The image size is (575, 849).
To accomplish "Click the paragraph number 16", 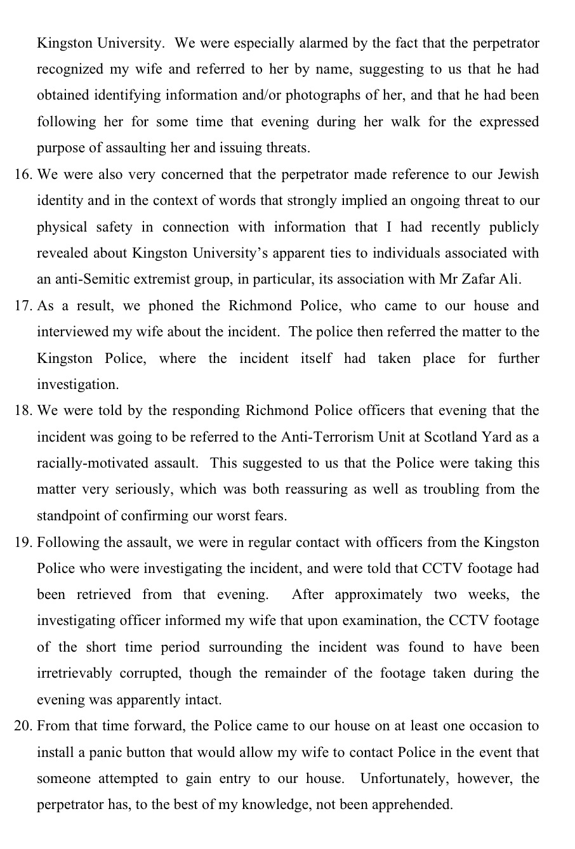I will [23, 174].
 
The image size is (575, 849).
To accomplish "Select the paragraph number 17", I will [23, 306].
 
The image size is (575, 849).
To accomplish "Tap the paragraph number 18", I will [23, 411].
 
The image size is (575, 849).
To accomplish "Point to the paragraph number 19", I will [23, 543].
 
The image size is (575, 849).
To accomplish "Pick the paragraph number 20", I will [23, 726].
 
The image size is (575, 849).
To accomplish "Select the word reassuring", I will [367, 490].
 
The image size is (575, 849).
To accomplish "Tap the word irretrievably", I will [74, 673].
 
